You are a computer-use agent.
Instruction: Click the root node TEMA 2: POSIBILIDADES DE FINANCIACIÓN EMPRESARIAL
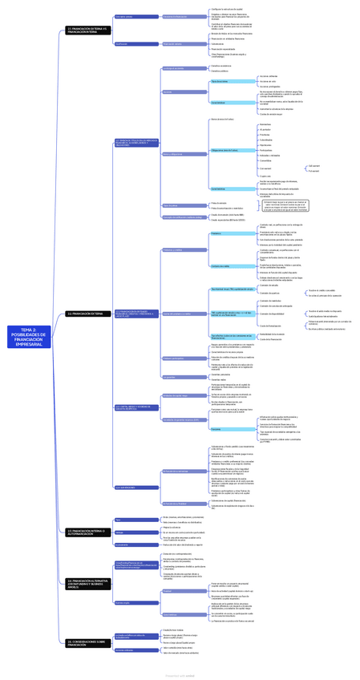tap(29, 337)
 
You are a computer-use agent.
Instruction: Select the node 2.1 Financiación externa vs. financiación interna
tap(88, 30)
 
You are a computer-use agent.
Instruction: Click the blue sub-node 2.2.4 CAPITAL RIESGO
tap(136, 407)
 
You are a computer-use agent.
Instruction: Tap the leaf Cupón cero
tap(265, 176)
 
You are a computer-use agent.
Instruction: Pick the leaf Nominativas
tap(265, 124)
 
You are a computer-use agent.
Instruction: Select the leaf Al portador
tap(265, 129)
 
